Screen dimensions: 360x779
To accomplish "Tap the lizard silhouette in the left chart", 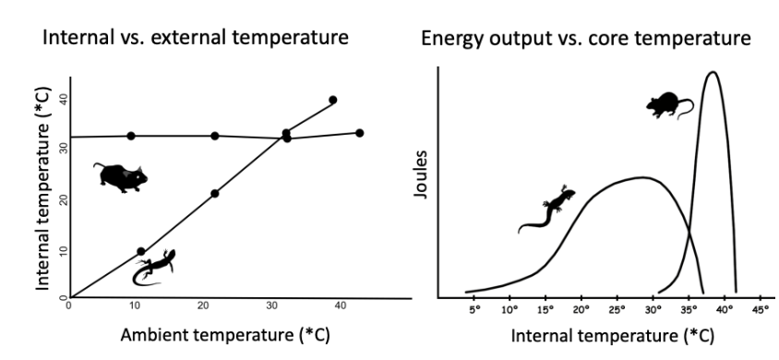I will pos(153,265).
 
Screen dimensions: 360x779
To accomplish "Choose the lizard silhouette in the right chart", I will pos(547,210).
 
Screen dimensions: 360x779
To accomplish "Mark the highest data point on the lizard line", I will pos(332,100).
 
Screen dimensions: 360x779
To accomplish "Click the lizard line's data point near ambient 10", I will pos(140,251).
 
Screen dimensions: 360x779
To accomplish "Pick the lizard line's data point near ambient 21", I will pos(215,193).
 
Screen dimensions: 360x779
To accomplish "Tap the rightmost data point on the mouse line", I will pos(359,133).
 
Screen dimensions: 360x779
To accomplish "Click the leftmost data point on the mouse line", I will pos(131,136).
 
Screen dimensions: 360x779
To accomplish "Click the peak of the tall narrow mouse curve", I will pos(712,72).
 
